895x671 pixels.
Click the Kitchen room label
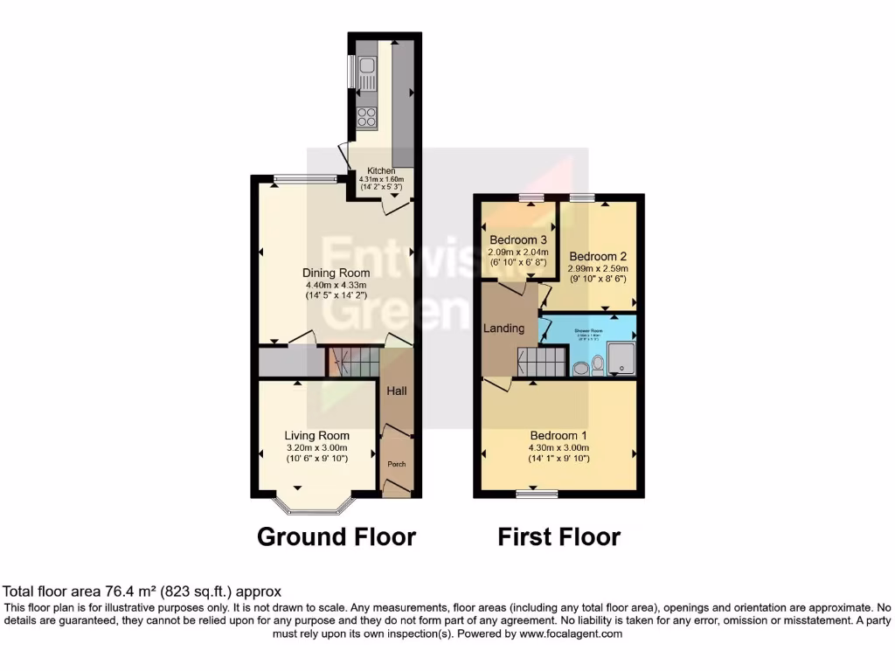pyautogui.click(x=381, y=170)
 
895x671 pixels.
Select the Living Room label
pyautogui.click(x=316, y=435)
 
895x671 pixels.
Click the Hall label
pyautogui.click(x=398, y=391)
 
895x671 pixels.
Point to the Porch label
pyautogui.click(x=398, y=464)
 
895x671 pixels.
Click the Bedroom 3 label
pyautogui.click(x=518, y=240)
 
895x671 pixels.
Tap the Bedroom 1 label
pyautogui.click(x=559, y=435)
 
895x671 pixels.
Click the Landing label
pyautogui.click(x=504, y=329)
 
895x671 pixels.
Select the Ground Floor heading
pyautogui.click(x=336, y=536)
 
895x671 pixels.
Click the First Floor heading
pyautogui.click(x=559, y=536)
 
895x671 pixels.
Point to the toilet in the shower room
pyautogui.click(x=598, y=363)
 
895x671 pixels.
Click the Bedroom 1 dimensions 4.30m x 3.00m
pyautogui.click(x=559, y=447)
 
